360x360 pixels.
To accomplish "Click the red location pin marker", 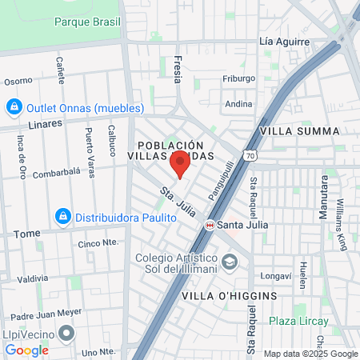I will pos(180,166).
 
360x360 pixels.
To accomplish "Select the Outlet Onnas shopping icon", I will pos(14,107).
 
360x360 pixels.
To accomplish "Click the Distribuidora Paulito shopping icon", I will pos(62,216).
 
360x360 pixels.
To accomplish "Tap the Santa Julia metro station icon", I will pos(210,225).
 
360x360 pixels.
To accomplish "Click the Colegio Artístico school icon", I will pos(230,262).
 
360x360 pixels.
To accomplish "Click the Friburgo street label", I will pos(239,78).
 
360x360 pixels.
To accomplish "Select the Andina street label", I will pos(238,103).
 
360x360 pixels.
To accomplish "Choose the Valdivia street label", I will pos(33,278).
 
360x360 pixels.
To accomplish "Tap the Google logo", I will pos(26,350).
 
